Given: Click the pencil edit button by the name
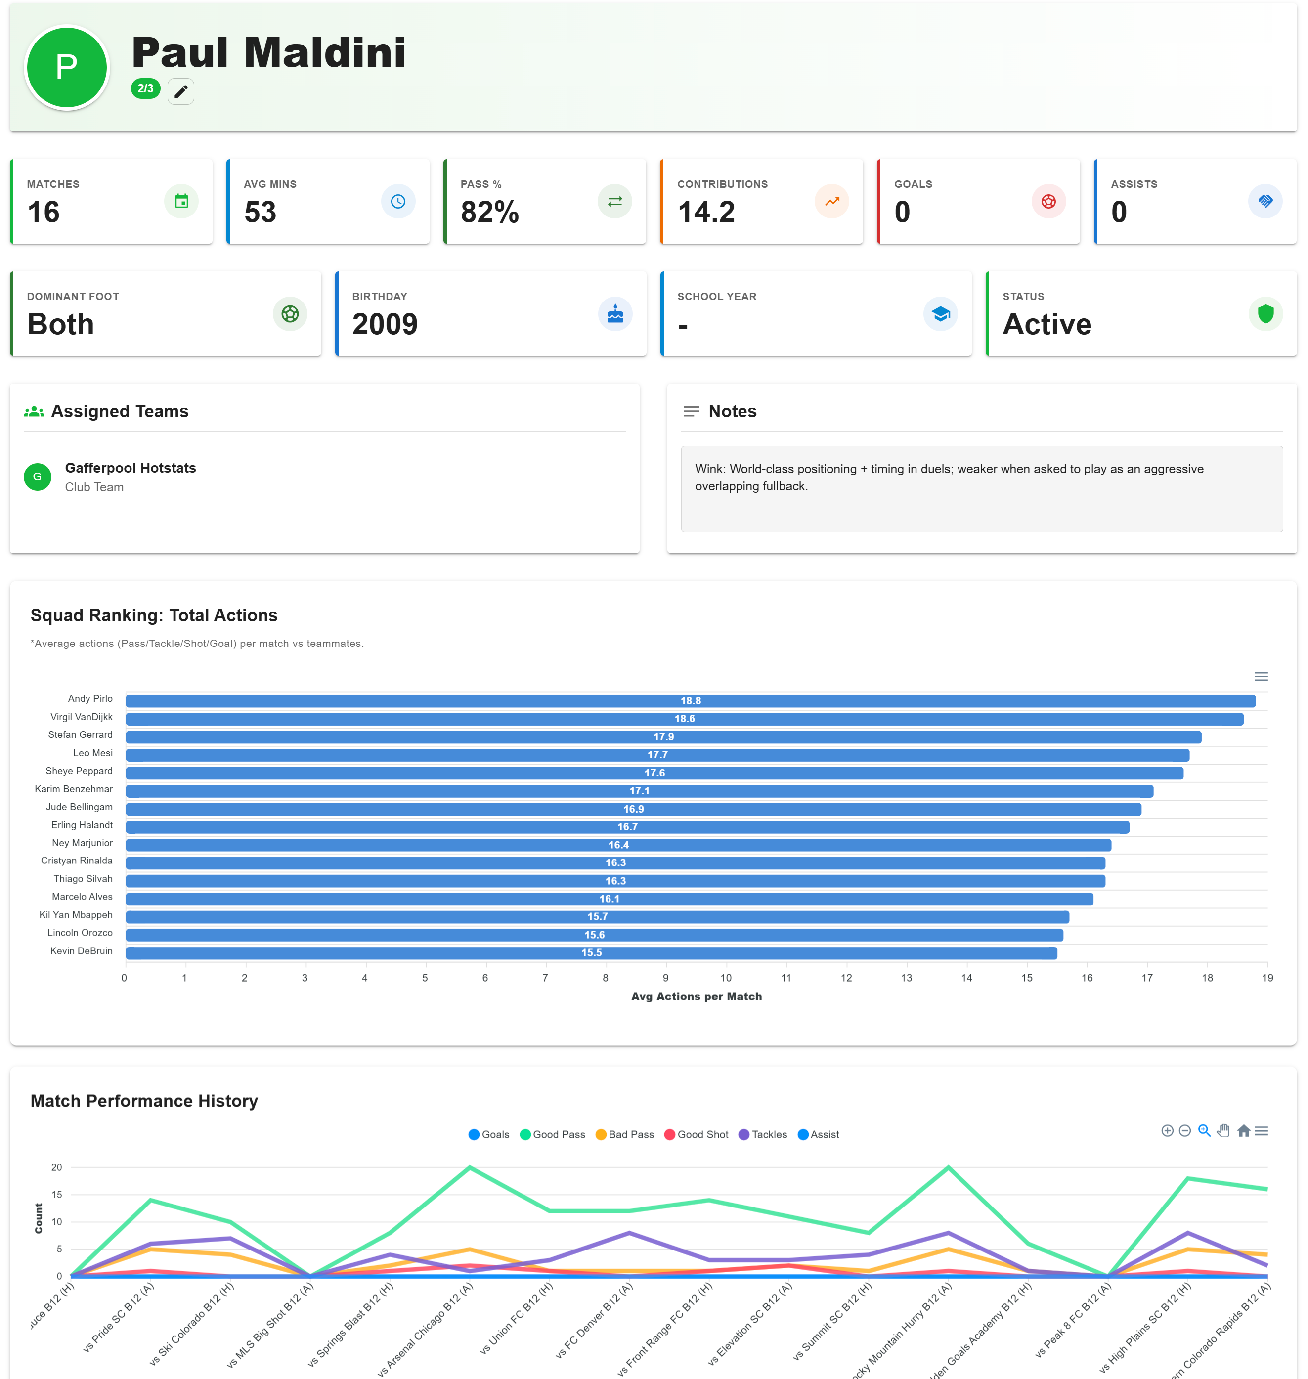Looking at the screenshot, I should pos(180,91).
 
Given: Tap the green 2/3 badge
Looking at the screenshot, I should pos(145,88).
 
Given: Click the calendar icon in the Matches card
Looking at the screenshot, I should pos(181,202).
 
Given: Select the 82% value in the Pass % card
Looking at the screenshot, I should pos(489,212).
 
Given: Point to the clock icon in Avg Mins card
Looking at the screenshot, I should pos(397,202).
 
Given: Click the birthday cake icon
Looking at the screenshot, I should pos(614,314).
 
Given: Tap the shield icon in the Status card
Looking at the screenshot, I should pos(1265,314).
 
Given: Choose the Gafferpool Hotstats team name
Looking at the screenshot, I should pos(131,468).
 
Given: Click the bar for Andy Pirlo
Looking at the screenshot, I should pos(690,701).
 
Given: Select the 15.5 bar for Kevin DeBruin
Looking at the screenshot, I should pos(591,952).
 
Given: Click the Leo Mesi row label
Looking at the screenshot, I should pos(93,753).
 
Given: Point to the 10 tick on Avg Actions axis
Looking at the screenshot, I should pos(726,978).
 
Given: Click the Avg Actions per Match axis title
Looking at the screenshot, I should pos(696,996).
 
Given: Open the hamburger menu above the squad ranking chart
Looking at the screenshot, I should pos(1261,676).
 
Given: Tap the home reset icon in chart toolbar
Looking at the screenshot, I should pos(1243,1131).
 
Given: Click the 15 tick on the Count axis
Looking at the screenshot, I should pos(56,1194).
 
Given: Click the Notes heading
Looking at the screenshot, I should pos(732,411).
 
